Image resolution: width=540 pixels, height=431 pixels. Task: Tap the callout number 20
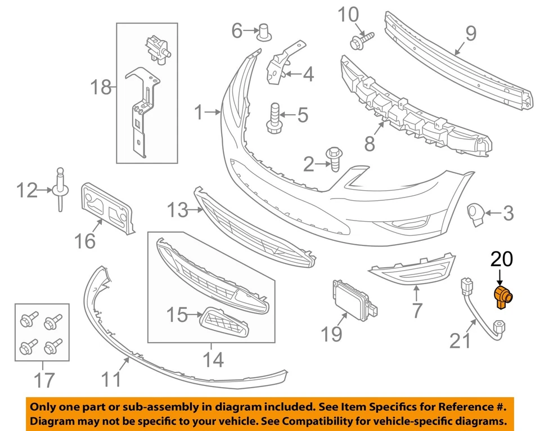[x=502, y=259]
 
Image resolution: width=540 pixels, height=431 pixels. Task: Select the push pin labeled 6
[x=265, y=32]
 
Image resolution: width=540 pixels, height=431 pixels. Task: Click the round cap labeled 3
[x=476, y=214]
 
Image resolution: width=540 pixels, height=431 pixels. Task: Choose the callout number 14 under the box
[x=212, y=359]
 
